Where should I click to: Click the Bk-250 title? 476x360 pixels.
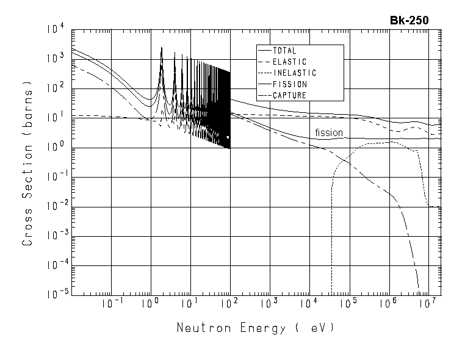coord(409,20)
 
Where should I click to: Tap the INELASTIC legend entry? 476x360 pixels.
coord(295,73)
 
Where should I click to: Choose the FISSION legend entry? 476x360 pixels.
coord(290,84)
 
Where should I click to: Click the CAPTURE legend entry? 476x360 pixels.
coord(290,95)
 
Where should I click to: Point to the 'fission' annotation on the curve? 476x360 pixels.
coord(329,132)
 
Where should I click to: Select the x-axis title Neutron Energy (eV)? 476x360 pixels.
coord(256,328)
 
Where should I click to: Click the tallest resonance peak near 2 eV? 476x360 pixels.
coord(161,49)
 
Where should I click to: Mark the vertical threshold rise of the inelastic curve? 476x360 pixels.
coord(331,232)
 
